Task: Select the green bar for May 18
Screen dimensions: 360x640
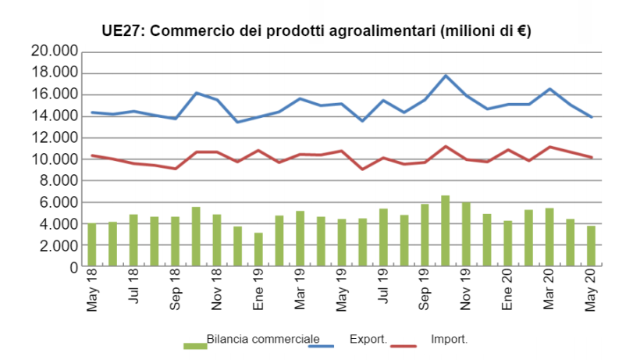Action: (92, 245)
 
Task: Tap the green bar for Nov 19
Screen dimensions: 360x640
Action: (466, 235)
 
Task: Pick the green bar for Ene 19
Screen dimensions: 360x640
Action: (258, 250)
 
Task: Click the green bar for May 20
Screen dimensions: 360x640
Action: (591, 247)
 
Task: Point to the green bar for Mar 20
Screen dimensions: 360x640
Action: (549, 237)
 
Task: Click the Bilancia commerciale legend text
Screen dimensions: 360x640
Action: (263, 340)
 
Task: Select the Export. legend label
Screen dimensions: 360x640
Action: (368, 340)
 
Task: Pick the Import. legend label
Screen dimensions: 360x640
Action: (449, 340)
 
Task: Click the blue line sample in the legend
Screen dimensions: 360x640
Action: (326, 345)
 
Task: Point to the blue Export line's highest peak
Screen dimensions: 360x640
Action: (446, 76)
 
